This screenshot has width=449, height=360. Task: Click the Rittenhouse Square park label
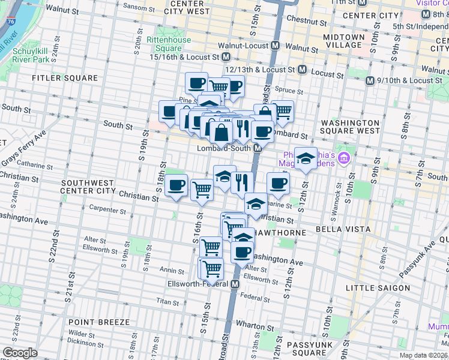point(173,44)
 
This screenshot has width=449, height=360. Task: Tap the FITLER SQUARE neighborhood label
point(65,78)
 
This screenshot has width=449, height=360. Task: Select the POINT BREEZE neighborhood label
point(95,322)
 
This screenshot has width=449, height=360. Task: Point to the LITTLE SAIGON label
point(378,288)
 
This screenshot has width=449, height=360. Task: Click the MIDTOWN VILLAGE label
point(343,41)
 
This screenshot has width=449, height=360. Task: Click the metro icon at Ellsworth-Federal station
point(235,284)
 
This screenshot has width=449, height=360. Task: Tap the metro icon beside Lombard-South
point(258,148)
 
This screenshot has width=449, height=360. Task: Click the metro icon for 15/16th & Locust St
point(226,57)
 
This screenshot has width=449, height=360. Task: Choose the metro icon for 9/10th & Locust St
point(370,80)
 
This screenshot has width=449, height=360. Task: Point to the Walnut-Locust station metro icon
point(276,45)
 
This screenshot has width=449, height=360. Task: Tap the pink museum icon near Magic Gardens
point(343,158)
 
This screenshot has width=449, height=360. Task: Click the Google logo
point(20,353)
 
